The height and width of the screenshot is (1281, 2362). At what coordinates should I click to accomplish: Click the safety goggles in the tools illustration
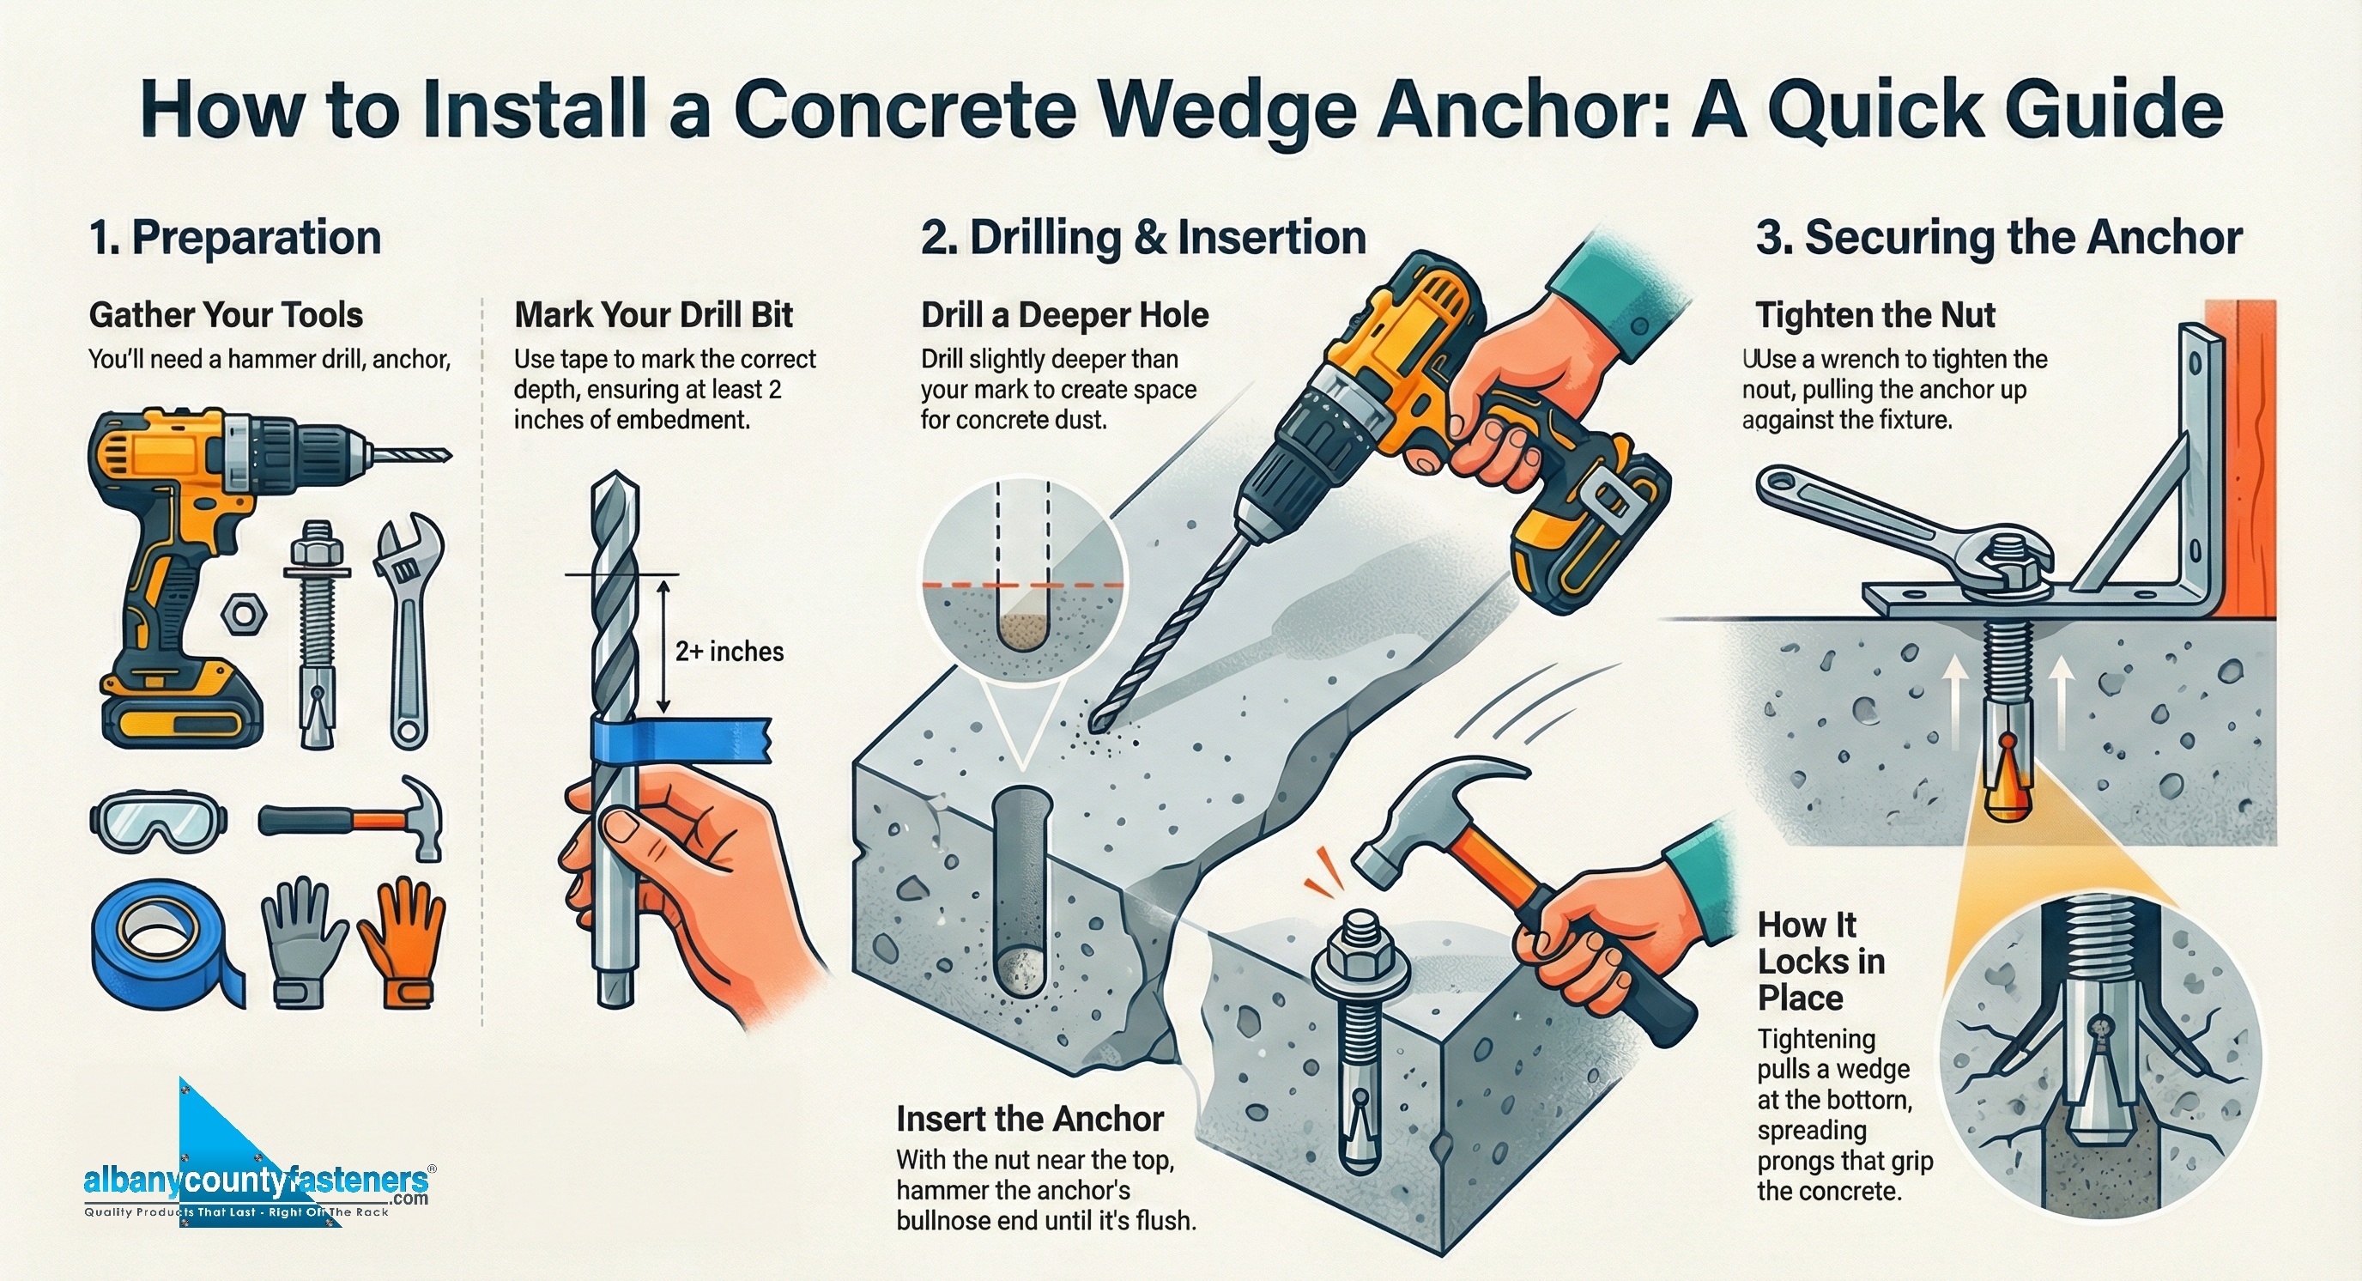click(159, 822)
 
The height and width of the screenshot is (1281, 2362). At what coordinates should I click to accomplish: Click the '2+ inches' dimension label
click(729, 651)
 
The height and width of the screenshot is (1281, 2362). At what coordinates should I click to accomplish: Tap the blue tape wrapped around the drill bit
click(679, 739)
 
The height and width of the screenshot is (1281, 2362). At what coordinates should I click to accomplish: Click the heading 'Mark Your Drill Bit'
click(653, 314)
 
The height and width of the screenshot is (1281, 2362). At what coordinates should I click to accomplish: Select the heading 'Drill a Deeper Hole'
click(1063, 314)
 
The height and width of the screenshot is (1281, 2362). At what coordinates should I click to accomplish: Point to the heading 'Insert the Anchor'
click(1029, 1119)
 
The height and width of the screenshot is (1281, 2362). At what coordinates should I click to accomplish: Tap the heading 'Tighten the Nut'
click(1874, 314)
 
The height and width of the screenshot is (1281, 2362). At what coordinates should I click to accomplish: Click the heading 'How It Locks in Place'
click(1820, 961)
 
